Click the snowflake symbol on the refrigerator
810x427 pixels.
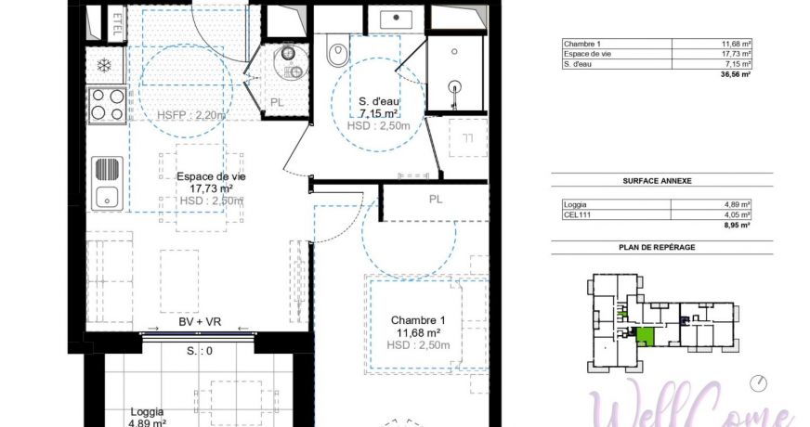point(105,66)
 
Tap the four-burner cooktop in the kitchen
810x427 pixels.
point(106,104)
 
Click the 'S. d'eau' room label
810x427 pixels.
point(378,101)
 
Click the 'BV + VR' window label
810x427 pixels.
point(200,321)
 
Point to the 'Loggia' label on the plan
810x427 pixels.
point(148,411)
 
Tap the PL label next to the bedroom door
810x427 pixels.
point(435,200)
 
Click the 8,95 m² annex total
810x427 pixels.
point(739,224)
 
